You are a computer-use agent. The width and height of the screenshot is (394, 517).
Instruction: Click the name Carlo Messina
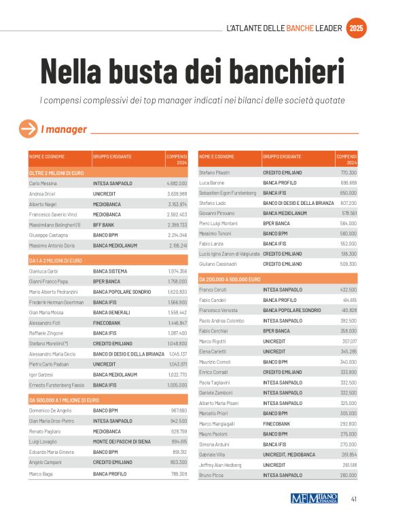[x=43, y=183]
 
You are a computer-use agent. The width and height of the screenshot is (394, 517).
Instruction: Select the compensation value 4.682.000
[x=177, y=183]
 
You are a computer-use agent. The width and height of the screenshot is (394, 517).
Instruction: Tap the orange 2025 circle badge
[x=357, y=28]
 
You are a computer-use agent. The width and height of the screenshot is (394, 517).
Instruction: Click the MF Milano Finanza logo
[x=315, y=499]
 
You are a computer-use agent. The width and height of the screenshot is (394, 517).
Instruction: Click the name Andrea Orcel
[x=42, y=194]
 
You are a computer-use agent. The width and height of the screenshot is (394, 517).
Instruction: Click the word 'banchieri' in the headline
[x=282, y=70]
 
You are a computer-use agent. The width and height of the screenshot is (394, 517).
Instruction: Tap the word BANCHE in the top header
[x=305, y=28]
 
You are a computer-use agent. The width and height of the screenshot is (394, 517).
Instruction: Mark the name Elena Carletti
[x=213, y=351]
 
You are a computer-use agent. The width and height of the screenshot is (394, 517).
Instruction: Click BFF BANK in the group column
[x=104, y=225]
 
